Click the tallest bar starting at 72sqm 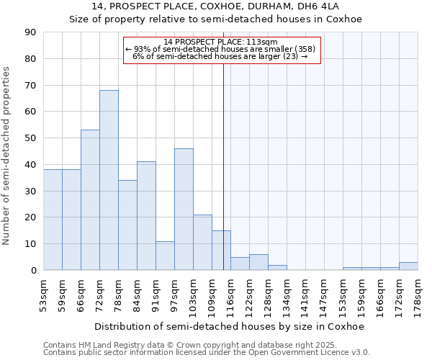[109, 180]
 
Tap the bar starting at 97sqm [184, 209]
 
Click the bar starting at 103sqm [202, 242]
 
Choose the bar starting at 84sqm [146, 216]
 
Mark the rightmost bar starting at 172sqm [408, 266]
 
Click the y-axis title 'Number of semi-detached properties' [7, 156]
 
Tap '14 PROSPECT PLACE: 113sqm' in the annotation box [220, 42]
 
